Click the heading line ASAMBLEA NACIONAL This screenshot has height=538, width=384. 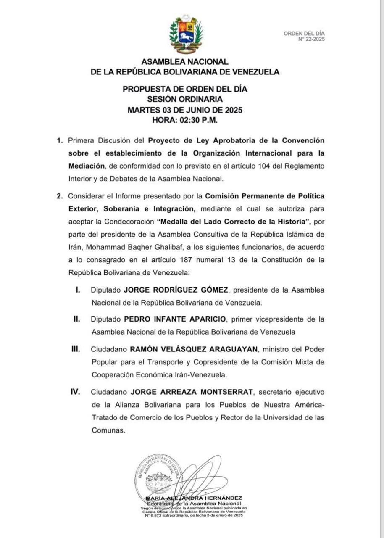[x=185, y=62]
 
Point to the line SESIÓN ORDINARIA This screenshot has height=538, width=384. [x=185, y=100]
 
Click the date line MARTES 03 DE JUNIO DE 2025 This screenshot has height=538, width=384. [x=185, y=110]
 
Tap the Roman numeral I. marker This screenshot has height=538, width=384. [x=78, y=290]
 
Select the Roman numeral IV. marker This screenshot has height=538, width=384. [x=75, y=392]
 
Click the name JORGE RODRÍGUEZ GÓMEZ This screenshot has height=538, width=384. [x=176, y=290]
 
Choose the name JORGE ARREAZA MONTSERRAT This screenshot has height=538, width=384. [x=192, y=392]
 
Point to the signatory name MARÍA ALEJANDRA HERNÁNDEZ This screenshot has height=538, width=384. [x=194, y=498]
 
